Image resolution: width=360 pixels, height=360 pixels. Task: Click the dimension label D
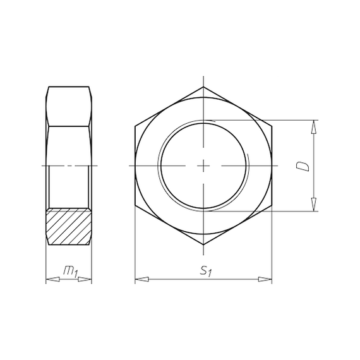point(303,166)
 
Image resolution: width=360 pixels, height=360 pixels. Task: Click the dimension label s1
point(205,271)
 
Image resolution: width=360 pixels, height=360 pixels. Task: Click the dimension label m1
point(70,272)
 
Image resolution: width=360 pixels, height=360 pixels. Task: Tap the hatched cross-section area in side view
point(69,225)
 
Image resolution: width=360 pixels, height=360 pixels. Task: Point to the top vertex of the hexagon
point(203,87)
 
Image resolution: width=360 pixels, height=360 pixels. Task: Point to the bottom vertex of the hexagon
point(203,244)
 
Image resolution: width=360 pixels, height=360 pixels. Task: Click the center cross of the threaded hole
point(203,165)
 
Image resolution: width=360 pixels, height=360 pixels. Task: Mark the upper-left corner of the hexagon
point(135,126)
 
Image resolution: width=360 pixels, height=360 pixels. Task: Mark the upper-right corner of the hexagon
point(272,126)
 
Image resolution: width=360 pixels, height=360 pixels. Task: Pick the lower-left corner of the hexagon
point(135,205)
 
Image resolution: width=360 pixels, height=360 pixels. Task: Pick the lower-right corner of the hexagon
point(272,205)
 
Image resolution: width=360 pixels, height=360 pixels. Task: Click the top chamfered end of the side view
point(69,88)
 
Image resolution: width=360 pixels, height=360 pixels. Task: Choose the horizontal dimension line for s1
point(171,279)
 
